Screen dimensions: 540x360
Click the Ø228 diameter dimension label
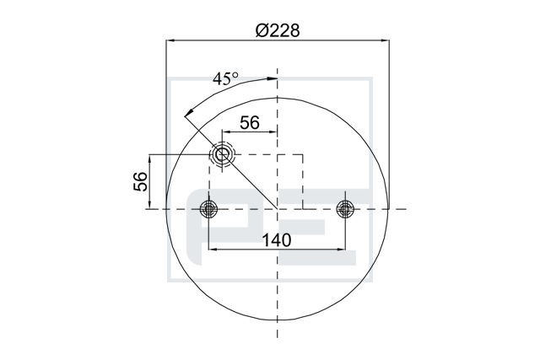coord(278,30)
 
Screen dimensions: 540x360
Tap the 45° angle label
coord(225,78)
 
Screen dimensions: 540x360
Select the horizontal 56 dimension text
coord(250,122)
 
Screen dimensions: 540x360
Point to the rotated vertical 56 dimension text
coord(140,181)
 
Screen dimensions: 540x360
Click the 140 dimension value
coord(277,240)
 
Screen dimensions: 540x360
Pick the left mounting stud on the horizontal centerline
coord(208,208)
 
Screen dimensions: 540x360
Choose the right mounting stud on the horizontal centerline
coord(345,208)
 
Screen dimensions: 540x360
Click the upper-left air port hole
coord(222,154)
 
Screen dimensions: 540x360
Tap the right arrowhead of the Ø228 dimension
coord(385,40)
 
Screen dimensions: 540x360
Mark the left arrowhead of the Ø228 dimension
coord(170,40)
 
